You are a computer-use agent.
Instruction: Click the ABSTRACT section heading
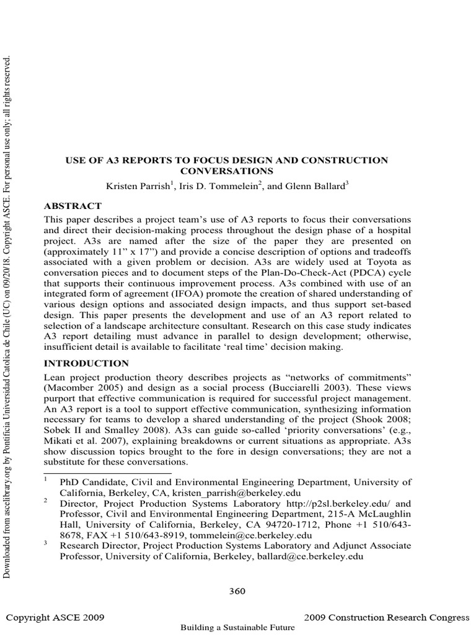(73, 206)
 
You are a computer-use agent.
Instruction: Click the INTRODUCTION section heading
(86, 363)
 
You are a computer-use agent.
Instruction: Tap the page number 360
(237, 591)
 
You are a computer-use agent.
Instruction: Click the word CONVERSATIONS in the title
(226, 171)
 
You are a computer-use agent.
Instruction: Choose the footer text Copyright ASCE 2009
(55, 618)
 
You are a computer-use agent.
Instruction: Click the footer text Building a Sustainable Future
(237, 628)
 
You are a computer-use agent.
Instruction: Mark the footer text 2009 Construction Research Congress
(387, 618)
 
